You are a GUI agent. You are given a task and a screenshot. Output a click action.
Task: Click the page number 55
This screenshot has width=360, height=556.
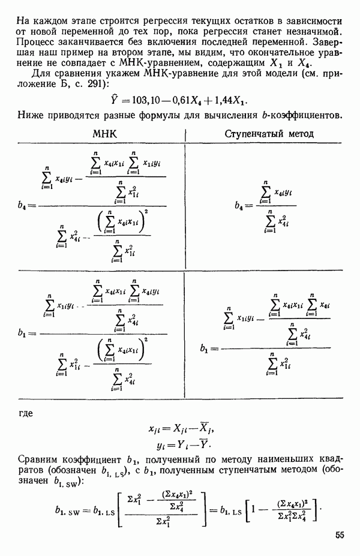340,536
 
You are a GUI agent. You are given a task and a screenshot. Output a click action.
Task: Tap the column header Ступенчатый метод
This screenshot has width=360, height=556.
269,134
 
